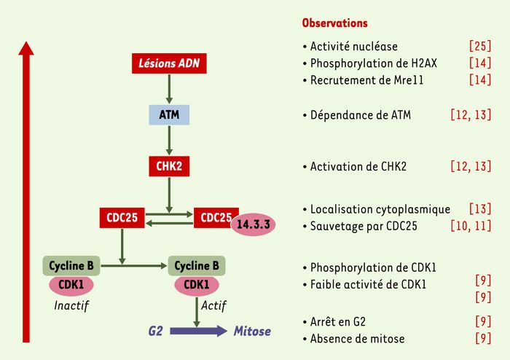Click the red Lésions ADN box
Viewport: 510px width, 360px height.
169,63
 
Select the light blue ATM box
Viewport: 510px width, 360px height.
169,115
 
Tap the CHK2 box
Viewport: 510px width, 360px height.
169,166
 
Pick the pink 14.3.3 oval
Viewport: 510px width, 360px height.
253,224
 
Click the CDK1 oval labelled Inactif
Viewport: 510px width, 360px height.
71,285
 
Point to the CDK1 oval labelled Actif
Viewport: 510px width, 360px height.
197,285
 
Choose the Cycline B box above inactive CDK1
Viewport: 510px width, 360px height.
71,266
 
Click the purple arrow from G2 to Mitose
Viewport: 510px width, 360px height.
198,331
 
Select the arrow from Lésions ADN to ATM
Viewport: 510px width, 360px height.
169,89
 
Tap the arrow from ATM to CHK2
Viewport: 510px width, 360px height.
169,141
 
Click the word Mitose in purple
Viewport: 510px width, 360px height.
252,332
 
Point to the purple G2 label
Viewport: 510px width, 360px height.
155,332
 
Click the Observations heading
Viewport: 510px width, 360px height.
334,23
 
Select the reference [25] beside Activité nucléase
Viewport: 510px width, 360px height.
480,46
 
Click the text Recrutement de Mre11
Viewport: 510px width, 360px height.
366,80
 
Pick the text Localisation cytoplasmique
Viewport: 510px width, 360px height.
380,209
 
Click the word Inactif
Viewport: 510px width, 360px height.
71,305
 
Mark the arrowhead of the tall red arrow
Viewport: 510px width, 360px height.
26,42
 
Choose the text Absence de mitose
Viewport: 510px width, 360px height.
357,339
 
